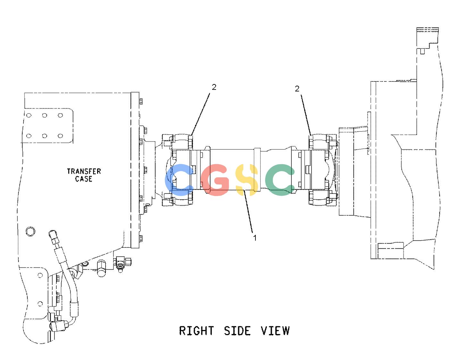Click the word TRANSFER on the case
[x=84, y=171]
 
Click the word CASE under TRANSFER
[x=84, y=179]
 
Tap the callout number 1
[x=255, y=238]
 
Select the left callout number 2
[x=214, y=87]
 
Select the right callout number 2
[x=297, y=89]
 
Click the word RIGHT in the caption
[x=196, y=331]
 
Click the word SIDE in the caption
[x=237, y=331]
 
